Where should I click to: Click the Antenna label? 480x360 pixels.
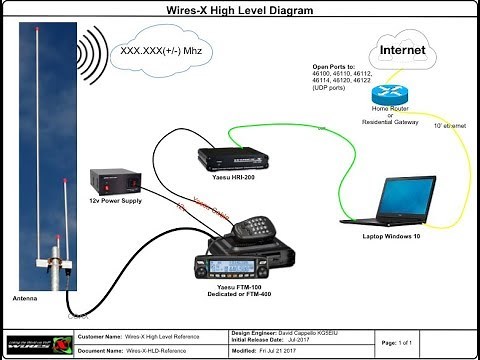25,297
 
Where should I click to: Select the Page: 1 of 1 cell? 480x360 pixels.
405,343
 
